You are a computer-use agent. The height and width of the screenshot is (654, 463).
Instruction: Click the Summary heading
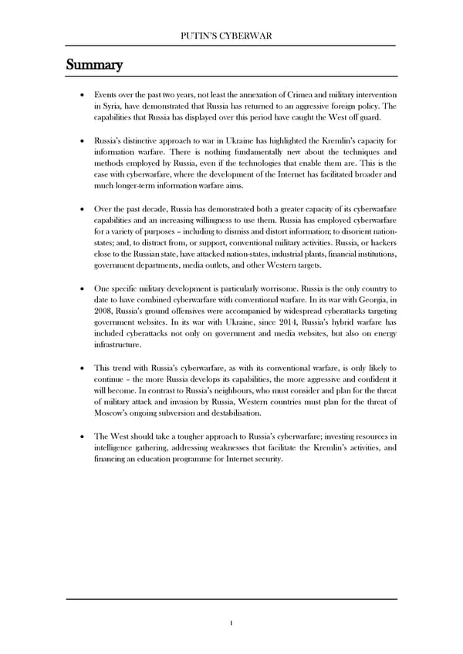90,65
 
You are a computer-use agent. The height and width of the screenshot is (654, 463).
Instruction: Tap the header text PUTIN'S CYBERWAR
231,36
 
